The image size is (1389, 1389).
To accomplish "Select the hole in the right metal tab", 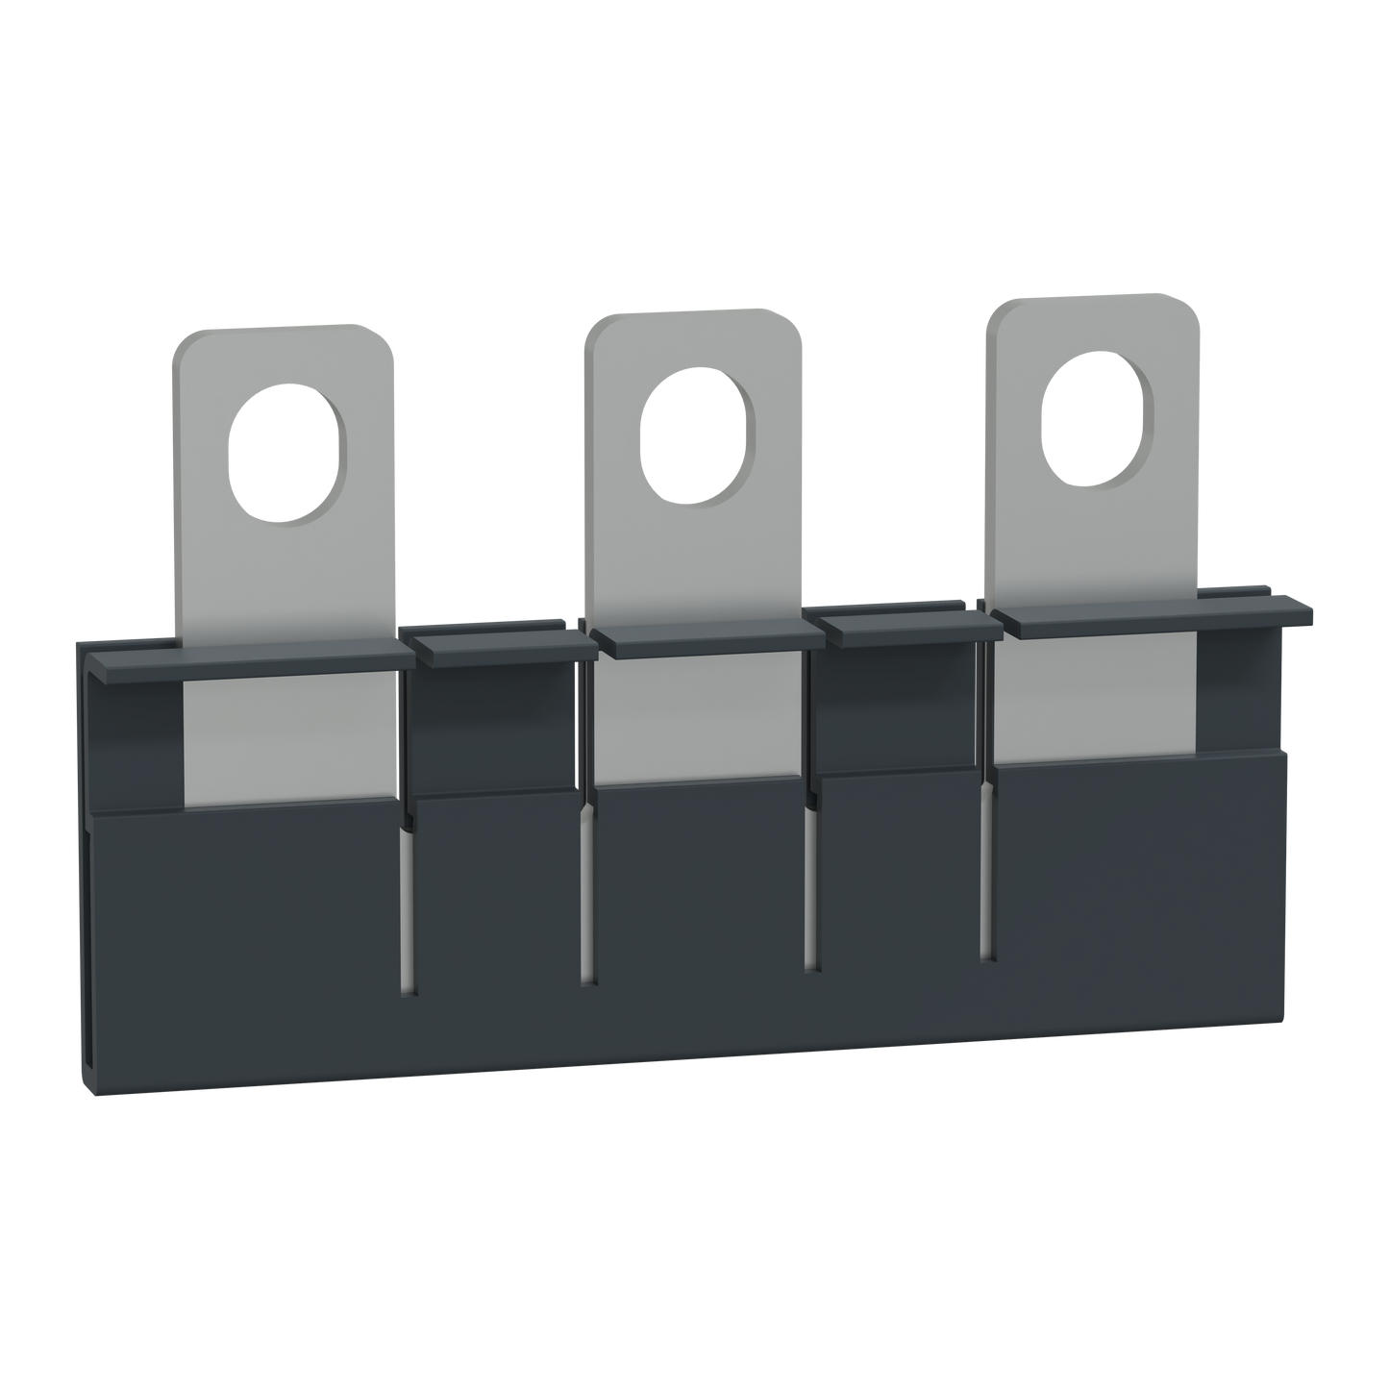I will pyautogui.click(x=1098, y=421).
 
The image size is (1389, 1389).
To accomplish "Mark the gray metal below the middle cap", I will pyautogui.click(x=697, y=721).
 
